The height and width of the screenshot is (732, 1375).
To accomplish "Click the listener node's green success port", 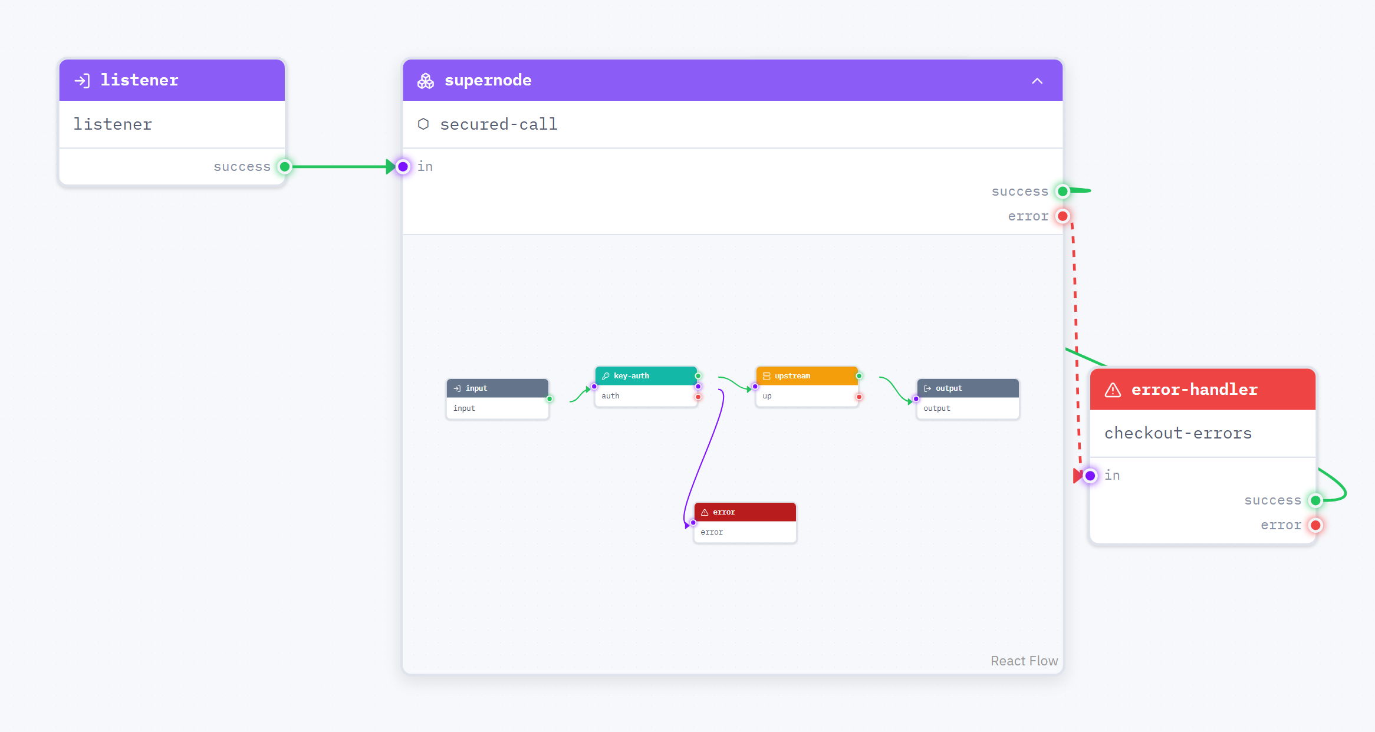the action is tap(285, 167).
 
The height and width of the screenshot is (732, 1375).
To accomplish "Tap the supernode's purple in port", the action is tap(403, 167).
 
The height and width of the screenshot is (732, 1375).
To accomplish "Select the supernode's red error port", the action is tap(1062, 216).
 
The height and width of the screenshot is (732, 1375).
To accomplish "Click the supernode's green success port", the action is tap(1062, 192).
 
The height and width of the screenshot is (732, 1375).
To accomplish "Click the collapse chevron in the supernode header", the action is tap(1037, 81).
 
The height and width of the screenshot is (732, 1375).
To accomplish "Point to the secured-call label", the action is tap(498, 124).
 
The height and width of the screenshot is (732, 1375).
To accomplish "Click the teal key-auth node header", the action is tap(646, 376).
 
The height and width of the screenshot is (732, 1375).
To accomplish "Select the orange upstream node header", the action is tap(807, 376).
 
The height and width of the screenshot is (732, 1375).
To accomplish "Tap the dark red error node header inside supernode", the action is tap(745, 512).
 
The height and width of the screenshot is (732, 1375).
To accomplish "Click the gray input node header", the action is tap(498, 388).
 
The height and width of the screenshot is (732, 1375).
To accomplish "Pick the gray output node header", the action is tap(968, 388).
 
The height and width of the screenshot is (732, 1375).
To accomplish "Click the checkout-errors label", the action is tap(1177, 433).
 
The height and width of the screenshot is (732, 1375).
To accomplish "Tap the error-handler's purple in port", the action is tap(1090, 476).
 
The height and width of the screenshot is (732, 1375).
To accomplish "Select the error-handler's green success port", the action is tap(1315, 500).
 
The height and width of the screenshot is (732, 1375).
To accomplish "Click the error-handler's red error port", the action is tap(1315, 525).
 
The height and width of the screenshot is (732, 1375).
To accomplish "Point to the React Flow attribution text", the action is tap(1024, 661).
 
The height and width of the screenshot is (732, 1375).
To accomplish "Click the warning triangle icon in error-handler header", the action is tap(1113, 390).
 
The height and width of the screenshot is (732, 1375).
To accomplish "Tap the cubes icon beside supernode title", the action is tap(426, 81).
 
